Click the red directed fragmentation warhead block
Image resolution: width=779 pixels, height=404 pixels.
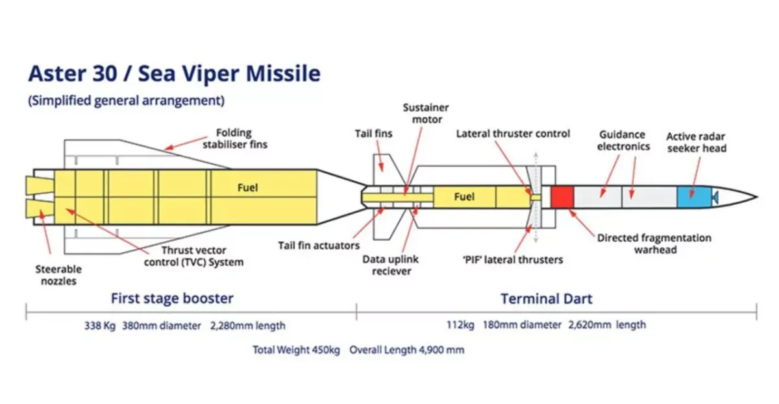pyautogui.click(x=562, y=197)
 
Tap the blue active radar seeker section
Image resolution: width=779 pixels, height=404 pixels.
pyautogui.click(x=694, y=197)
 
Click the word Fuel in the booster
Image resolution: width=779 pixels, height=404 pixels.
pyautogui.click(x=247, y=187)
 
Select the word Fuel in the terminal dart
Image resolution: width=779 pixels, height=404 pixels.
pyautogui.click(x=464, y=197)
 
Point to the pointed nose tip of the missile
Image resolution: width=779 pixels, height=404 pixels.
pyautogui.click(x=757, y=197)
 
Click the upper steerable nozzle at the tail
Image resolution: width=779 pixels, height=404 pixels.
pyautogui.click(x=40, y=185)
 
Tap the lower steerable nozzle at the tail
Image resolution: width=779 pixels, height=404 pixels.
pyautogui.click(x=40, y=209)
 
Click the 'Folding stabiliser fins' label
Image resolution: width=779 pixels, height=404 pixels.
pyautogui.click(x=235, y=138)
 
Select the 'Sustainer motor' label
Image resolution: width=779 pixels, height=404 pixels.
pyautogui.click(x=426, y=113)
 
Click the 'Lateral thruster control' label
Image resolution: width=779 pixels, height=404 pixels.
pyautogui.click(x=513, y=134)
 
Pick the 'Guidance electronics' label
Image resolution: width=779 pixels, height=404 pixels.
pyautogui.click(x=623, y=140)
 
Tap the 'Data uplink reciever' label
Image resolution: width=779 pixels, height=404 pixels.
pyautogui.click(x=391, y=265)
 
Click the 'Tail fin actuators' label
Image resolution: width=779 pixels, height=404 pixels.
pyautogui.click(x=319, y=246)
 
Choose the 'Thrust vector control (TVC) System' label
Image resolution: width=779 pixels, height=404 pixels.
pyautogui.click(x=193, y=256)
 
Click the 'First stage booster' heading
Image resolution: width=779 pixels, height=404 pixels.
pyautogui.click(x=172, y=298)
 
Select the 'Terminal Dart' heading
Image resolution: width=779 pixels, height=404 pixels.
pyautogui.click(x=547, y=299)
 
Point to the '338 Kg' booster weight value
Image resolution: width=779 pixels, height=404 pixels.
pyautogui.click(x=100, y=326)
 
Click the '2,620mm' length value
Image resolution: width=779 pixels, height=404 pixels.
pyautogui.click(x=589, y=325)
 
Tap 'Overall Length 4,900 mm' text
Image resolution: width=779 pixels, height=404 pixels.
pyautogui.click(x=407, y=350)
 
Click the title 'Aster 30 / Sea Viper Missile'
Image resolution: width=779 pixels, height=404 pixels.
pyautogui.click(x=174, y=73)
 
